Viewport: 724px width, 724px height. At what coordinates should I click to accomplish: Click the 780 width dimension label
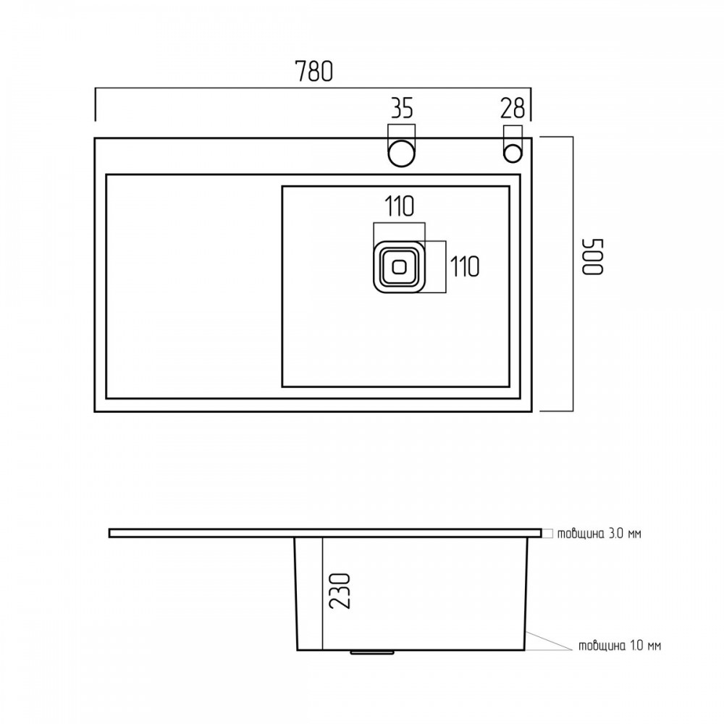[x=313, y=71]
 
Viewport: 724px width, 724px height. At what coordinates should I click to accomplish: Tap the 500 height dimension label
[x=592, y=257]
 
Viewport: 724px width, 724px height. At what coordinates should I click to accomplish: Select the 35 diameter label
[x=402, y=109]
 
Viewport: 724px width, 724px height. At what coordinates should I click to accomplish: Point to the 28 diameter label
[x=512, y=108]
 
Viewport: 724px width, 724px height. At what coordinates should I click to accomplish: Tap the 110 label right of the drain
[x=465, y=266]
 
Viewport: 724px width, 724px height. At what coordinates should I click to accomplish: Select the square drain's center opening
[x=398, y=266]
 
